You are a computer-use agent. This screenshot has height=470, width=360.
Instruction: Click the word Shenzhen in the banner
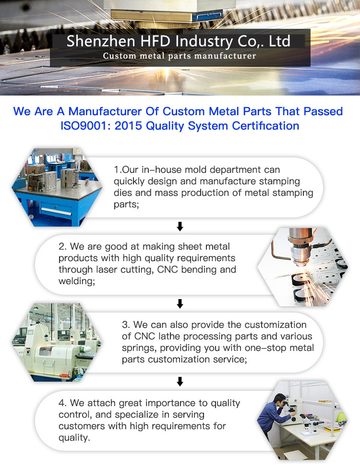[x=101, y=41]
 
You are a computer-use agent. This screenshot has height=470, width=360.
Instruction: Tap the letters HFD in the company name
[x=156, y=41]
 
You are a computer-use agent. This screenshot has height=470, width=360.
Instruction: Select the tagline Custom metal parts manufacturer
[x=180, y=56]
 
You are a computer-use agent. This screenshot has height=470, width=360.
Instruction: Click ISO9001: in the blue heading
[x=86, y=126]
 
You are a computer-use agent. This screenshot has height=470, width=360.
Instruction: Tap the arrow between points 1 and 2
[x=180, y=226]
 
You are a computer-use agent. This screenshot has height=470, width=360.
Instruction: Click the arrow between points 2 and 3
[x=180, y=303]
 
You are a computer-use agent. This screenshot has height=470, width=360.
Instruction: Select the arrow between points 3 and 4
[x=180, y=382]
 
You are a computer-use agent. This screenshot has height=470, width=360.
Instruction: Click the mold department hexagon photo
[x=57, y=187]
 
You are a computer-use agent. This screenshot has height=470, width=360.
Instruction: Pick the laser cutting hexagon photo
[x=303, y=267]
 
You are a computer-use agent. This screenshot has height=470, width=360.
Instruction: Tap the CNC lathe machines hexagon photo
[x=57, y=342]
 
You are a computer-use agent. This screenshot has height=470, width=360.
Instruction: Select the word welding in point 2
[x=77, y=281]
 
